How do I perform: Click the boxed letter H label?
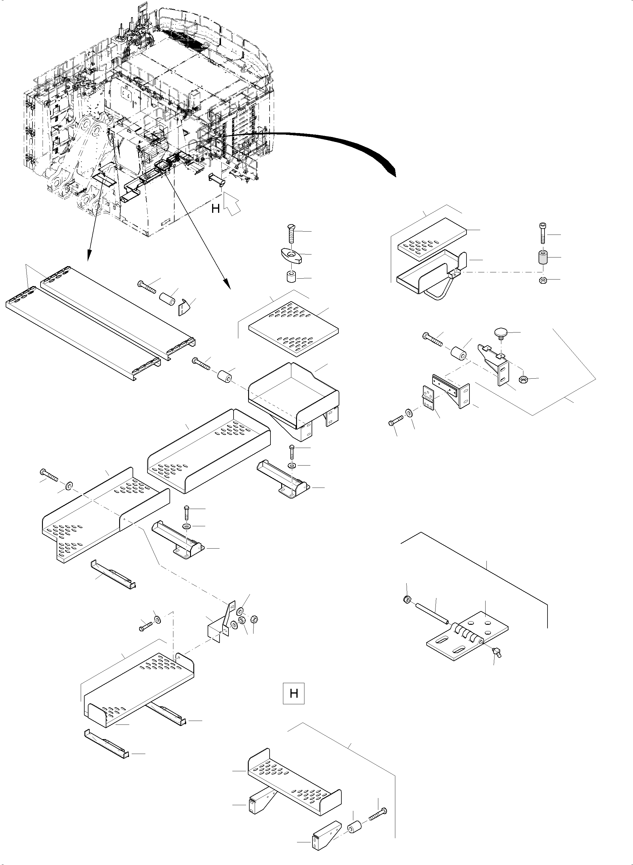tap(293, 693)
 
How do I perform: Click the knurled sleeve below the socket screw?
tap(542, 257)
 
